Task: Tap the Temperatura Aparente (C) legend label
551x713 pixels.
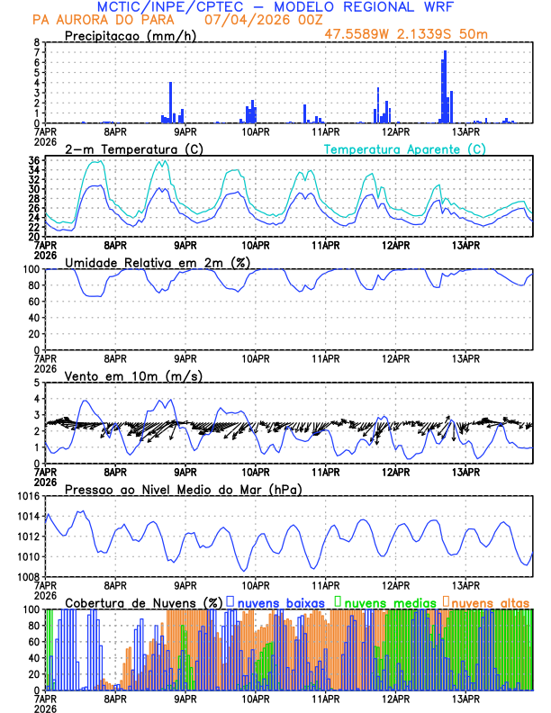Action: click(404, 149)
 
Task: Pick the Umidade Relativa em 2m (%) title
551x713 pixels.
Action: click(157, 262)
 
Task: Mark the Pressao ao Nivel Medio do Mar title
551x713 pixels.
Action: click(183, 489)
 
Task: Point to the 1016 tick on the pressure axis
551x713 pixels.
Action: click(28, 496)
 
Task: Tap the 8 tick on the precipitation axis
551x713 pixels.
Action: click(36, 42)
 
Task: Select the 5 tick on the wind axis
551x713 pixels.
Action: click(36, 383)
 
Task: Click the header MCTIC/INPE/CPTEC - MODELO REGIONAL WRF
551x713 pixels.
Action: click(275, 6)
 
